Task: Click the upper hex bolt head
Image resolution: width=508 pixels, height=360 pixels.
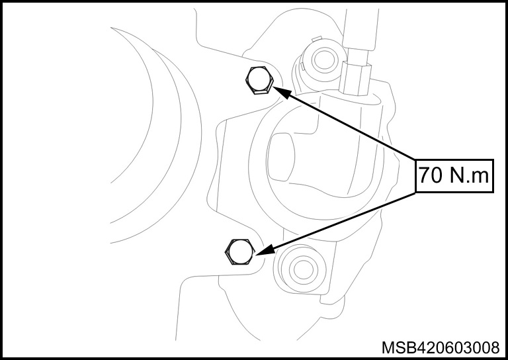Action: [259, 80]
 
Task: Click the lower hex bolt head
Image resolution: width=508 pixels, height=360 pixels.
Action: [239, 252]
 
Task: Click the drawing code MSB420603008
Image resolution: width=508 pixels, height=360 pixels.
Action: [441, 347]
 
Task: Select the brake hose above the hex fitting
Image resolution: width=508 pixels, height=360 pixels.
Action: [360, 29]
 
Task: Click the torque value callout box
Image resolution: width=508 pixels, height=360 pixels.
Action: [454, 176]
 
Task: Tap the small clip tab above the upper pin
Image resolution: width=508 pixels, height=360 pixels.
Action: [316, 38]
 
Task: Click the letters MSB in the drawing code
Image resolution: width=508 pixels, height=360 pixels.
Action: [398, 347]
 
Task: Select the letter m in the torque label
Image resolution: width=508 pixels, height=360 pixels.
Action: [480, 177]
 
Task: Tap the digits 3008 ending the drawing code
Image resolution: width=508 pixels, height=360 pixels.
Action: [482, 347]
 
